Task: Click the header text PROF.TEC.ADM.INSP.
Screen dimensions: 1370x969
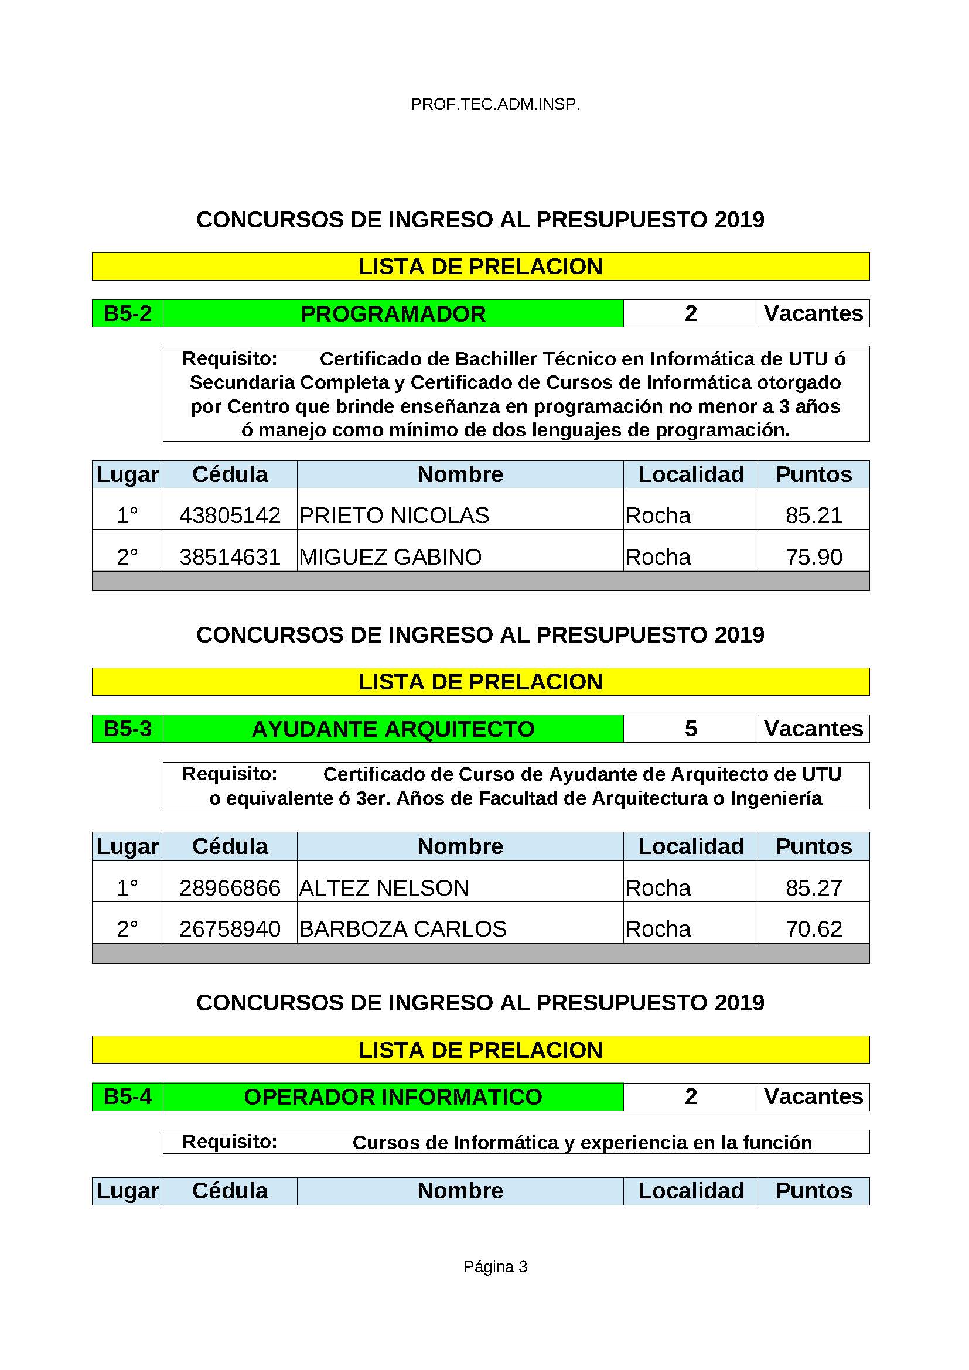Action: click(494, 105)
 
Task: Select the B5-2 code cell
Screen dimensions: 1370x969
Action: click(128, 313)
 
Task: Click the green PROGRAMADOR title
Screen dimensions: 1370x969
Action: click(393, 314)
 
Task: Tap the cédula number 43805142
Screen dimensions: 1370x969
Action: click(230, 515)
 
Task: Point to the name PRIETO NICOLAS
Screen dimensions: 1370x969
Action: click(394, 515)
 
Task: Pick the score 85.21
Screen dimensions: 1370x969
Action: click(813, 515)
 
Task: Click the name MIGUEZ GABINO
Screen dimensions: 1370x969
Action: click(390, 556)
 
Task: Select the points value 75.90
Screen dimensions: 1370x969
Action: click(813, 556)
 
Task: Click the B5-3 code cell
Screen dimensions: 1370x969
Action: click(128, 729)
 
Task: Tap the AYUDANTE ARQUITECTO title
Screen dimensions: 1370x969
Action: click(393, 729)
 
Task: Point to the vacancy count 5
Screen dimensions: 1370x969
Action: click(690, 729)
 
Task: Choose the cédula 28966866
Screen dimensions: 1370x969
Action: click(230, 888)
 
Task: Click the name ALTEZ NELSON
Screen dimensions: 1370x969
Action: click(384, 888)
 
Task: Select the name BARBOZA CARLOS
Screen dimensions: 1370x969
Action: click(402, 929)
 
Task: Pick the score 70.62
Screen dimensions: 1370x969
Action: click(813, 929)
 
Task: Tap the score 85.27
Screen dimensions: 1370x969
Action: click(813, 888)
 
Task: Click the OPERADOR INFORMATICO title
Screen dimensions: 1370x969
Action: click(393, 1096)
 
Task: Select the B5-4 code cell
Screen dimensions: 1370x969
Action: click(128, 1096)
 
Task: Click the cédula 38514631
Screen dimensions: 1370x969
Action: click(230, 556)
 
